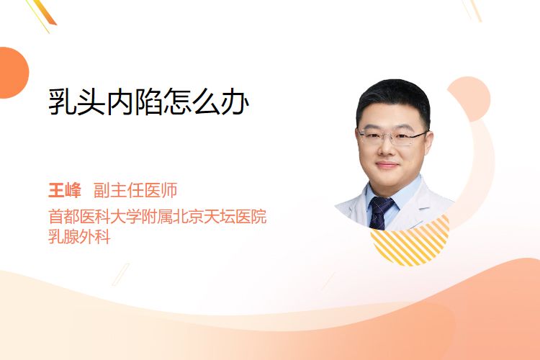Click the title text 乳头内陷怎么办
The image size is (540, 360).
tap(148, 102)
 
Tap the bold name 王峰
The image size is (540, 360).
tap(65, 190)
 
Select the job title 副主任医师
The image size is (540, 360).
tap(135, 190)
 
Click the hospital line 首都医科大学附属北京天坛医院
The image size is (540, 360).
tap(158, 216)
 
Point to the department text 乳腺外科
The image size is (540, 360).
tap(79, 237)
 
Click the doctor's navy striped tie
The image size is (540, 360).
tap(380, 212)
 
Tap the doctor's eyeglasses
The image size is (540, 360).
tap(392, 137)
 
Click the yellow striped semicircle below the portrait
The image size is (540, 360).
tap(410, 241)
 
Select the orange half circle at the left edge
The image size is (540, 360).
tap(14, 73)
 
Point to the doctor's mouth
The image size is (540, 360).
tap(387, 165)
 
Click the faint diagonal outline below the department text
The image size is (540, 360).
tap(121, 274)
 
